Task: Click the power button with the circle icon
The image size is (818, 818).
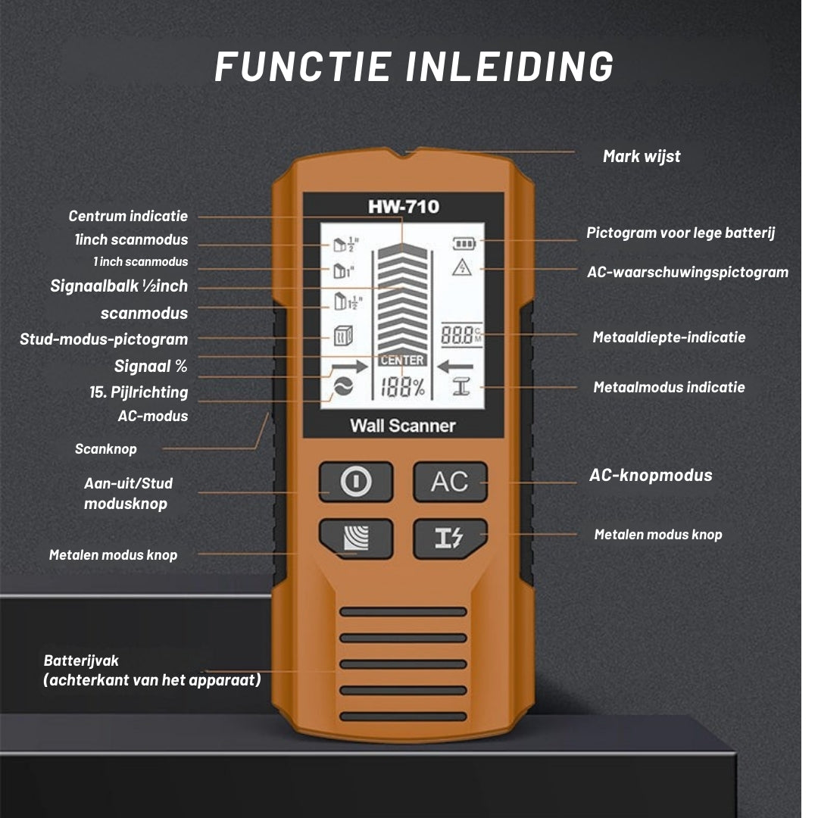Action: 356,482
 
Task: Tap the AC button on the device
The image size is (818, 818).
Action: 450,482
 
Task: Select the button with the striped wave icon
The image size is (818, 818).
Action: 356,539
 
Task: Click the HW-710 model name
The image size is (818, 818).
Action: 403,207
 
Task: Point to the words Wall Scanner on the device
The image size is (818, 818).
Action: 402,426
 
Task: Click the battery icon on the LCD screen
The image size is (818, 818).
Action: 462,244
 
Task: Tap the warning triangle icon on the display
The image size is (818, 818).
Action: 461,267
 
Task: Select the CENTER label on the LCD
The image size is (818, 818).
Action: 402,360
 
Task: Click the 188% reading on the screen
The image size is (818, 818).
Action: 402,388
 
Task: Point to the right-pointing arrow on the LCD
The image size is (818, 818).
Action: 349,367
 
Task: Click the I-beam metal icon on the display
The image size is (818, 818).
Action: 461,389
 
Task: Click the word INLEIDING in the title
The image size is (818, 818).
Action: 510,67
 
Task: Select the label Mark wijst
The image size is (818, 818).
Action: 642,157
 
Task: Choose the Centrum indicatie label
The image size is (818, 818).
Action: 128,217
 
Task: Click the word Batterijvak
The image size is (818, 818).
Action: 81,660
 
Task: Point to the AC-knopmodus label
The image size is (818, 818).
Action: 651,476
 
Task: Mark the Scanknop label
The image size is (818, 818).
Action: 106,449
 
